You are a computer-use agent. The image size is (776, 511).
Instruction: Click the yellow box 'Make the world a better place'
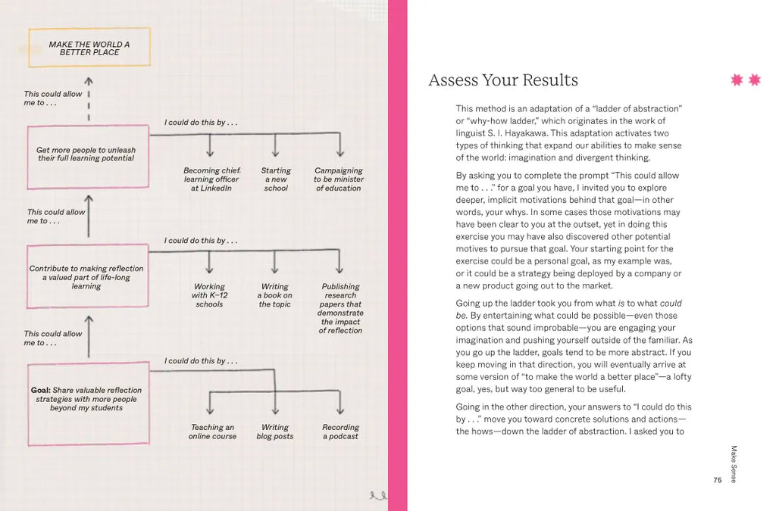pyautogui.click(x=89, y=48)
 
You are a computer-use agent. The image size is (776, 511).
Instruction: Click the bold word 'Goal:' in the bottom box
pyautogui.click(x=40, y=391)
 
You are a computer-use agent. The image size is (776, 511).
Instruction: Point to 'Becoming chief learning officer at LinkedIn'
pyautogui.click(x=211, y=179)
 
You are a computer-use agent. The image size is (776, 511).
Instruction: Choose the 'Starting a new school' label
pyautogui.click(x=276, y=179)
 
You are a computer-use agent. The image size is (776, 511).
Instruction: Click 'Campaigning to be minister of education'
pyautogui.click(x=339, y=179)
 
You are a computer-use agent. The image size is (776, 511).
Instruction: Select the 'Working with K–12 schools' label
pyautogui.click(x=209, y=295)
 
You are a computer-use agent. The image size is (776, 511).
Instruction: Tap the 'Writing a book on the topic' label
pyautogui.click(x=275, y=295)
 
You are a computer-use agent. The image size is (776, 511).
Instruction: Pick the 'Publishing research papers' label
pyautogui.click(x=340, y=308)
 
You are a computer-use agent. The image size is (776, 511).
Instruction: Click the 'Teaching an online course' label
pyautogui.click(x=212, y=432)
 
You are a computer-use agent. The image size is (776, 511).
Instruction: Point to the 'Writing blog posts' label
pyautogui.click(x=275, y=432)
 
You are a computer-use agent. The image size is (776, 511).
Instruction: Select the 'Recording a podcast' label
pyautogui.click(x=340, y=432)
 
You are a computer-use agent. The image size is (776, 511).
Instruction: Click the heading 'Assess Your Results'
pyautogui.click(x=502, y=80)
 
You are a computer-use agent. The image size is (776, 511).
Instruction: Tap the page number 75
pyautogui.click(x=718, y=480)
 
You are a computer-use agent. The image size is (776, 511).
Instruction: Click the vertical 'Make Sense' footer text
pyautogui.click(x=733, y=464)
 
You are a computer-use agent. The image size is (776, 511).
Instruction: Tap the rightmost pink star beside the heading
pyautogui.click(x=754, y=80)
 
